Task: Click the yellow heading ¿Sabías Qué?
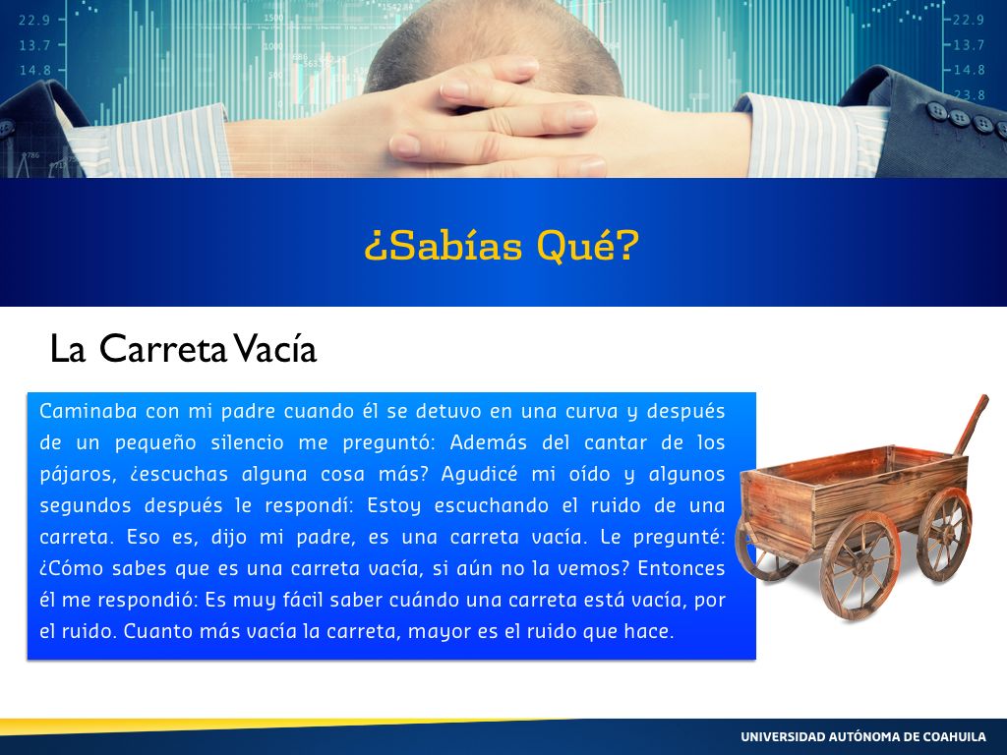point(502,246)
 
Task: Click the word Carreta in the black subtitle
point(163,349)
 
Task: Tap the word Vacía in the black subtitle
point(274,349)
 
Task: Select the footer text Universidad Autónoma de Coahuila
point(863,736)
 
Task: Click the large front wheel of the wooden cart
point(859,565)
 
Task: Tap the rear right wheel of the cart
point(944,534)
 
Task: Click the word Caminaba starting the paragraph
point(88,411)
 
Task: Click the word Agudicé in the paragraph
point(479,474)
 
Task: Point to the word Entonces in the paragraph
point(681,568)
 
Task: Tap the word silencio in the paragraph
point(247,442)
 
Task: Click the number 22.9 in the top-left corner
point(34,20)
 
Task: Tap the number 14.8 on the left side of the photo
point(34,70)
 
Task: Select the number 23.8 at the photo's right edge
point(969,95)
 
